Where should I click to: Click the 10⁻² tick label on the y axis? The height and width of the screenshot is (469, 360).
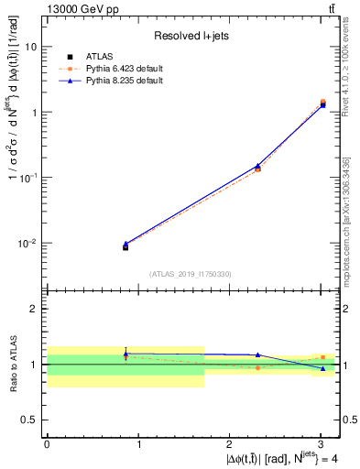point(27,244)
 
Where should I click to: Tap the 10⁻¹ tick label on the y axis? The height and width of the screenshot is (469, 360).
point(27,178)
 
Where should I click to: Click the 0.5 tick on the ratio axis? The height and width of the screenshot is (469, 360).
point(29,420)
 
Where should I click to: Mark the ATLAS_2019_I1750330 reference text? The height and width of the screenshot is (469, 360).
point(191,273)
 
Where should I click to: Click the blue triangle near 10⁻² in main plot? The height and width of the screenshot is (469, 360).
point(125,244)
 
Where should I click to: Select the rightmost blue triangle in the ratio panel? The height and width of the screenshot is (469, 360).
point(322,368)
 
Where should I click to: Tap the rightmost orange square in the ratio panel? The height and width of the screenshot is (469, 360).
point(322,357)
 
